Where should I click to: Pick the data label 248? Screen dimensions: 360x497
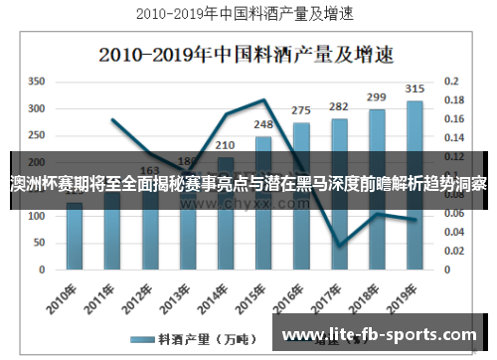pyautogui.click(x=263, y=125)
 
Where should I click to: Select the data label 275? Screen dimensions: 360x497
pyautogui.click(x=301, y=110)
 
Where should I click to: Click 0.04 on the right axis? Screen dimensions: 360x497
pyautogui.click(x=453, y=231)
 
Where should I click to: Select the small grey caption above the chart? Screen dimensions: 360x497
pyautogui.click(x=248, y=15)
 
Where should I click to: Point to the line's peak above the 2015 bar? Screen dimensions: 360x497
pyautogui.click(x=263, y=99)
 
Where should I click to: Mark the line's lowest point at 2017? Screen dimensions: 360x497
pyautogui.click(x=339, y=246)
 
